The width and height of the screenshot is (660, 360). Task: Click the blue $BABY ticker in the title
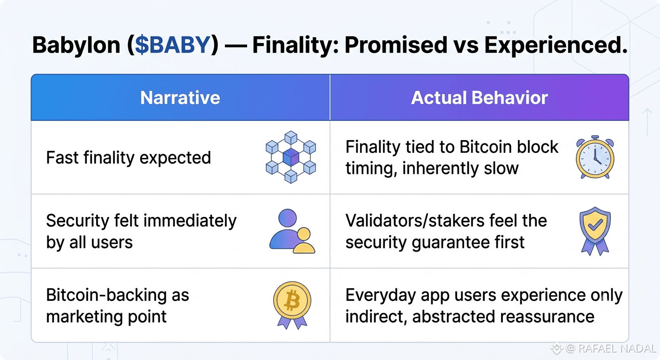172,45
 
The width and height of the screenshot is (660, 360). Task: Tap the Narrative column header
180,97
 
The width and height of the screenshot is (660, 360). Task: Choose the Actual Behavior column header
480,97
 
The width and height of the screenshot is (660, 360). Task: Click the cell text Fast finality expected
128,157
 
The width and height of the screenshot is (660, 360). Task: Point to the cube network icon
291,157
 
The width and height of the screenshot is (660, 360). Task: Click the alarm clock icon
595,157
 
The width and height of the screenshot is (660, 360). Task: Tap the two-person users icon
292,231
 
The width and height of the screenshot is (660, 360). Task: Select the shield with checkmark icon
595,231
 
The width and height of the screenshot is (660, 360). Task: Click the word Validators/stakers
415,220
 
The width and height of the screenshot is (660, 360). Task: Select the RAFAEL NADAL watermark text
617,348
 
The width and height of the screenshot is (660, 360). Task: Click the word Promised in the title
396,45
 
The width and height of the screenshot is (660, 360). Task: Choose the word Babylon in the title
76,45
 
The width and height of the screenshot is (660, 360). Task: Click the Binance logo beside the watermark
556,348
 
